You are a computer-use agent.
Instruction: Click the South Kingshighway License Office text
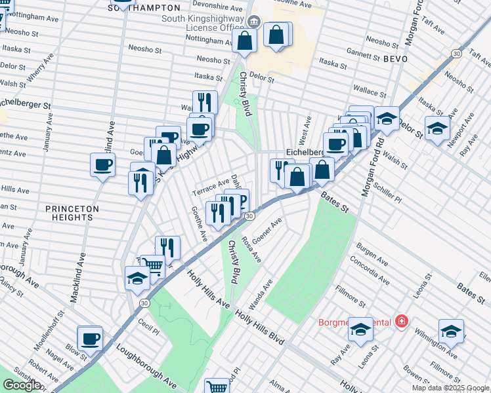(205, 23)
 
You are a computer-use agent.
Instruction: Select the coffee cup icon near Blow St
(90, 339)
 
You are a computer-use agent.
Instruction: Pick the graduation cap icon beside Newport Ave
(437, 129)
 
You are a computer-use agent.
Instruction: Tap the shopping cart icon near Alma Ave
(217, 387)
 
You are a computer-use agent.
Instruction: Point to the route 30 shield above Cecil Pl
(143, 303)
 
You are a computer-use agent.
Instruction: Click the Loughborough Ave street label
(147, 364)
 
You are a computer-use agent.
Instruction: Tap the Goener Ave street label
(267, 231)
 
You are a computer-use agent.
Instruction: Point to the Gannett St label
(358, 50)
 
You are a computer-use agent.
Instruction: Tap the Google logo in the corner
(22, 385)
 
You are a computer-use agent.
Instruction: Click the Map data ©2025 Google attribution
(451, 388)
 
